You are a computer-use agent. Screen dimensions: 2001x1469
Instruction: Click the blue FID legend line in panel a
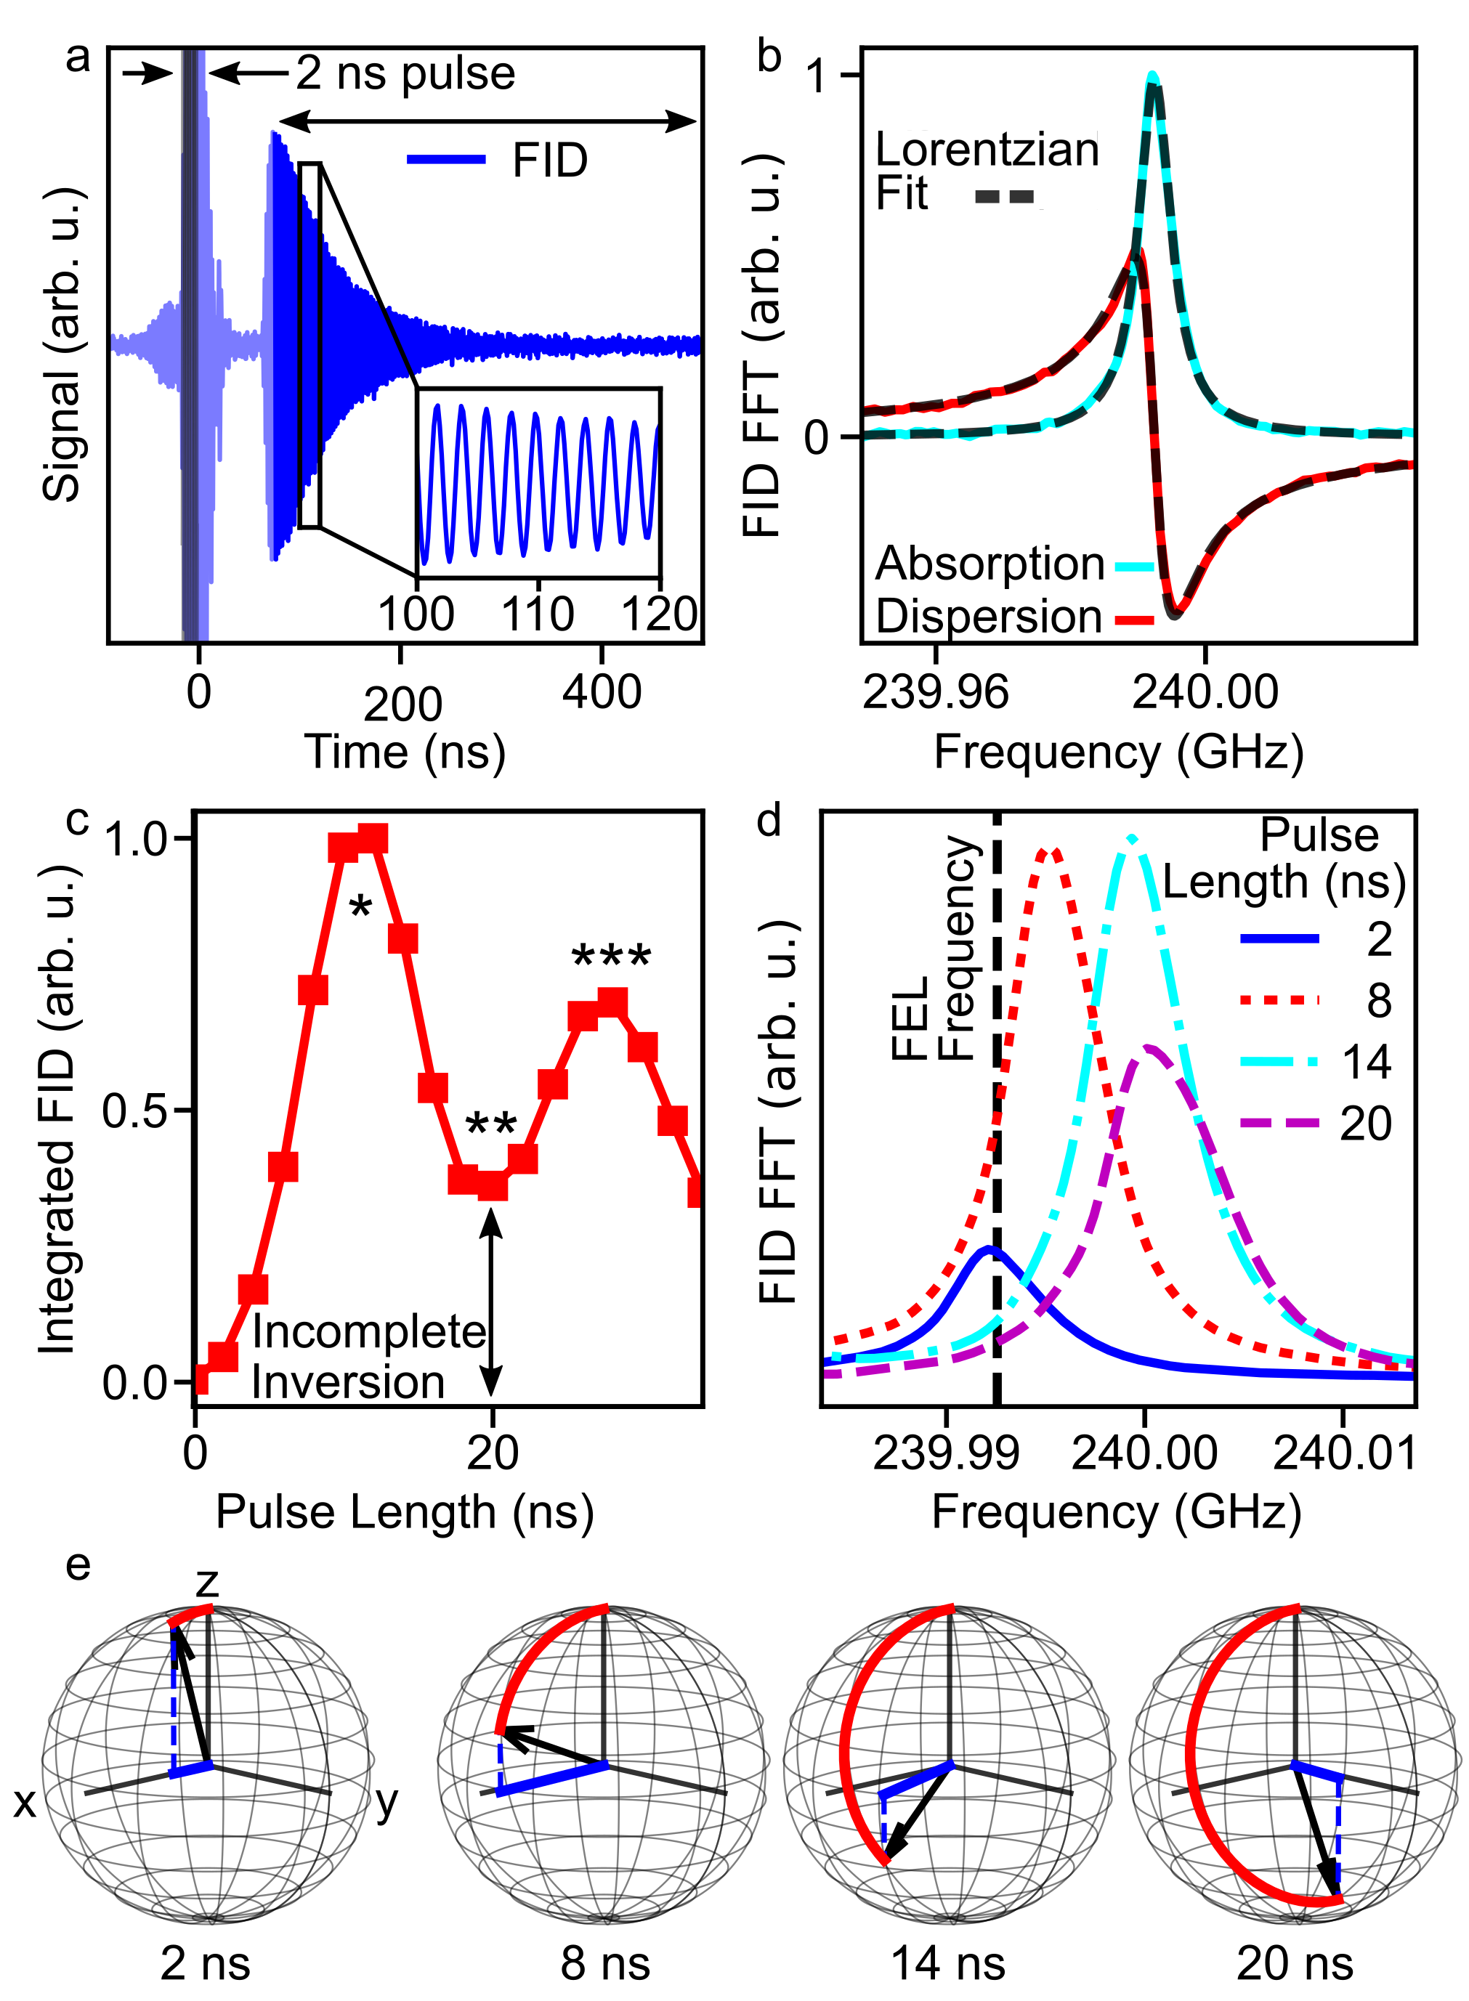(446, 160)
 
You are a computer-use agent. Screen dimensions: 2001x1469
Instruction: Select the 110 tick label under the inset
(538, 614)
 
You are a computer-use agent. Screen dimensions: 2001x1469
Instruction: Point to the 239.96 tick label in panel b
(936, 691)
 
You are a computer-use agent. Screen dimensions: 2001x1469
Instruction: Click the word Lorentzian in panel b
(987, 150)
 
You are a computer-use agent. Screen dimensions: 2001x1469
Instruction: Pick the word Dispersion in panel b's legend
(989, 616)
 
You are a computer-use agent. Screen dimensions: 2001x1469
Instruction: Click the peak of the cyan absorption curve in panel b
(1152, 76)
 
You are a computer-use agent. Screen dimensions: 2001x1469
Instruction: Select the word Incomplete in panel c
(369, 1331)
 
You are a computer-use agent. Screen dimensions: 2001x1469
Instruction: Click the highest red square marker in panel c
(373, 838)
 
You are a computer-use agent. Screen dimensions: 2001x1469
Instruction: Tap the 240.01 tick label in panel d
(1343, 1453)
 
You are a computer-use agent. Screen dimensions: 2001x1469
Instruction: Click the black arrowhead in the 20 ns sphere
(1333, 1893)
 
